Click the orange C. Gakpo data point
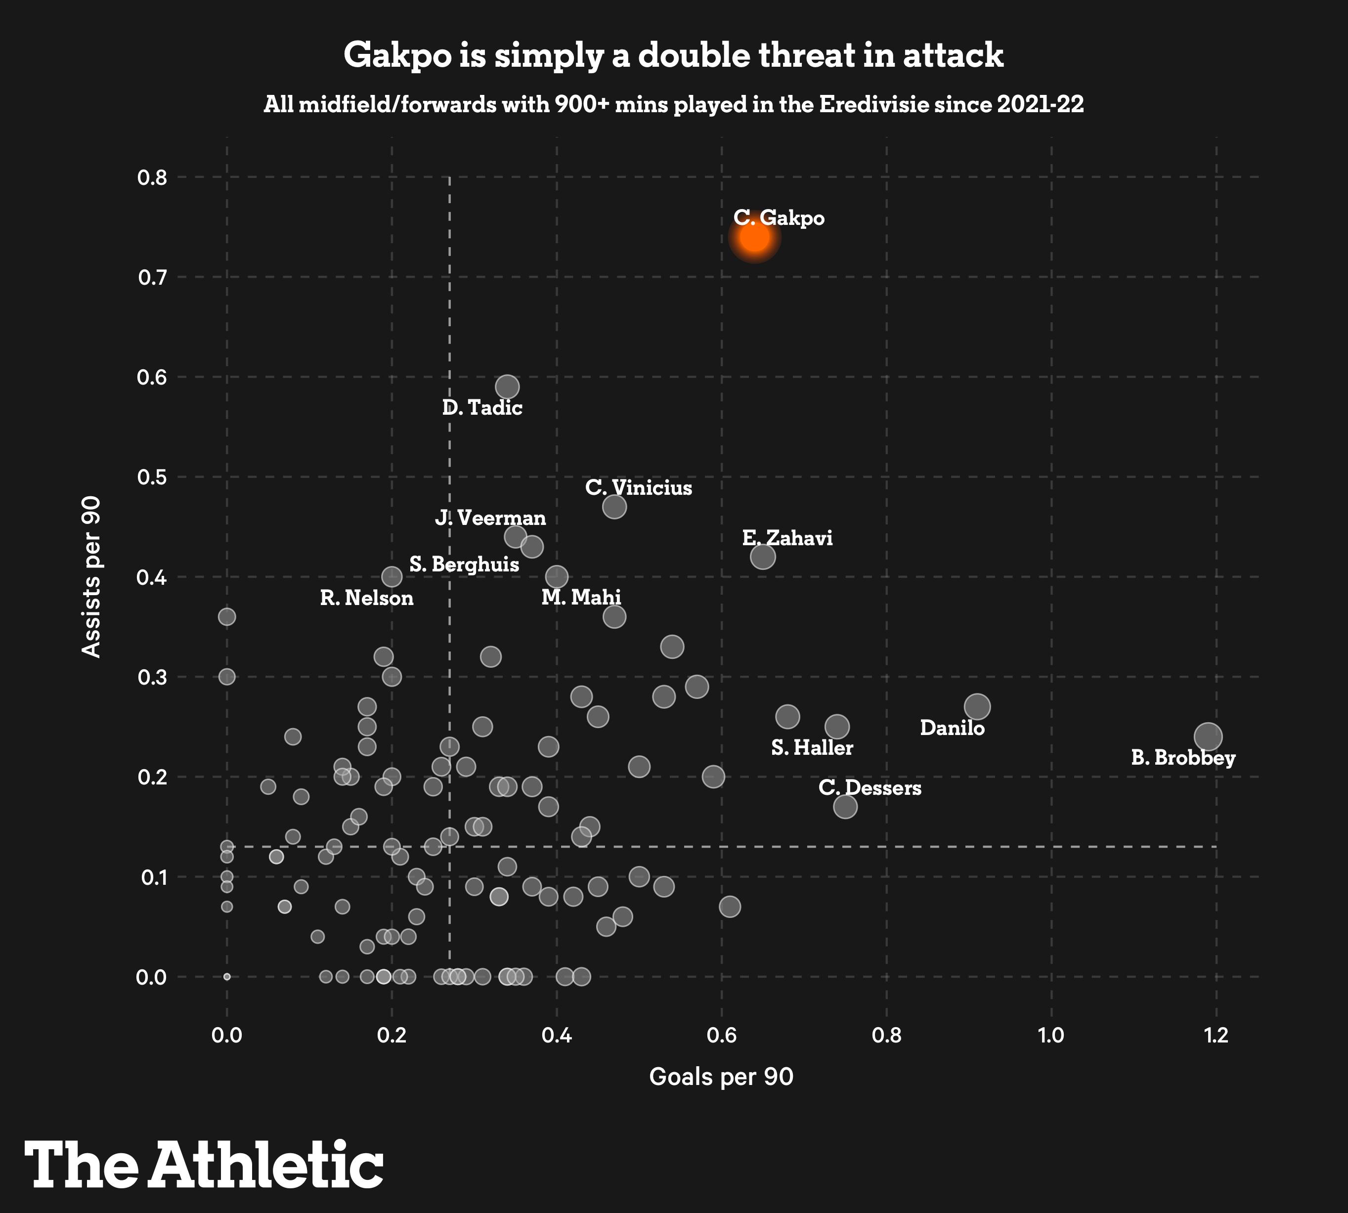pyautogui.click(x=754, y=237)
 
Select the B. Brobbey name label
pyautogui.click(x=1183, y=758)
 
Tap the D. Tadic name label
pyautogui.click(x=482, y=407)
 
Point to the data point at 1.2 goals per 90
pyautogui.click(x=1208, y=736)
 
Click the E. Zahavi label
pyautogui.click(x=787, y=538)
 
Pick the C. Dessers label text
pyautogui.click(x=870, y=788)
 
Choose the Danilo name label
pyautogui.click(x=952, y=728)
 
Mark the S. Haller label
pyautogui.click(x=812, y=748)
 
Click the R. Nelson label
pyautogui.click(x=366, y=598)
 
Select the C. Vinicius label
pyautogui.click(x=638, y=488)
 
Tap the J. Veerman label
pyautogui.click(x=490, y=518)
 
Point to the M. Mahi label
pyautogui.click(x=581, y=597)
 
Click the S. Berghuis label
pyautogui.click(x=464, y=564)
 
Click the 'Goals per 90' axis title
pyautogui.click(x=721, y=1077)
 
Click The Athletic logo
pyautogui.click(x=204, y=1165)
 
